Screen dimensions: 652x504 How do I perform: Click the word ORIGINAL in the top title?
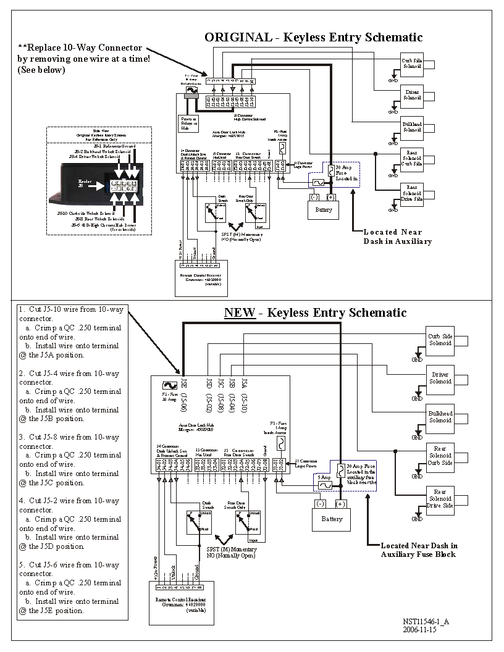tap(238, 37)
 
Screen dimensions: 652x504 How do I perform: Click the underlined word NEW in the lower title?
tap(239, 312)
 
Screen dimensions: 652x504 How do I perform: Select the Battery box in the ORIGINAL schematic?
tap(323, 209)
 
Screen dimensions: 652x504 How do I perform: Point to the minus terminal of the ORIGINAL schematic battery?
tap(314, 198)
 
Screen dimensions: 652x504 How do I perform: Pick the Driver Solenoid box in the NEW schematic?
tap(440, 378)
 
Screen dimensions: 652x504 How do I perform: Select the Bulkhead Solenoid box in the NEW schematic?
tap(440, 417)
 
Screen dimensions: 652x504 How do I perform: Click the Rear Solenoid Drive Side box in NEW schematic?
tap(440, 498)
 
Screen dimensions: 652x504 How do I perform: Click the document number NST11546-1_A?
tap(426, 622)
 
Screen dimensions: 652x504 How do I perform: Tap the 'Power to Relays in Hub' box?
tap(189, 123)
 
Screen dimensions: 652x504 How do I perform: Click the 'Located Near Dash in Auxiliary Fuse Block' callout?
tap(419, 550)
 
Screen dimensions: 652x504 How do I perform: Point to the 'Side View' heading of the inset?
tap(99, 131)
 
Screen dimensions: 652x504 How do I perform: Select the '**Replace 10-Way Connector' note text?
tap(80, 48)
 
